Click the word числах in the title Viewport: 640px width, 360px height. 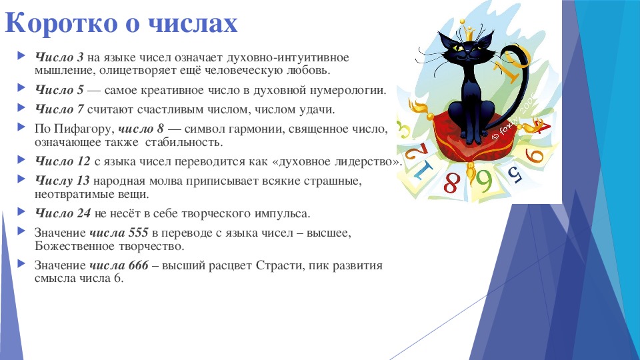pos(192,24)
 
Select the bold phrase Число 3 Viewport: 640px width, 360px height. pos(59,57)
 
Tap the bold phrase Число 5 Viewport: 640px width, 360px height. pos(59,90)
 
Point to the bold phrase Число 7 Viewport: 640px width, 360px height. pos(59,109)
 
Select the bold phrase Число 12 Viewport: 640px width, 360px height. pos(63,161)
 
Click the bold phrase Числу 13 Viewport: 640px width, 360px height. pos(62,181)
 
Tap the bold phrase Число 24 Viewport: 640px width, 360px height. pos(63,213)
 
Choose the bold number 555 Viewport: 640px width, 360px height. pos(139,233)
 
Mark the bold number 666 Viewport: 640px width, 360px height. pos(139,265)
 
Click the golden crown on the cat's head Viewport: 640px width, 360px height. pos(467,30)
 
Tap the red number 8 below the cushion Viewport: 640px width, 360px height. pos(451,182)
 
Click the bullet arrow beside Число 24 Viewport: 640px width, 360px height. pos(21,211)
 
